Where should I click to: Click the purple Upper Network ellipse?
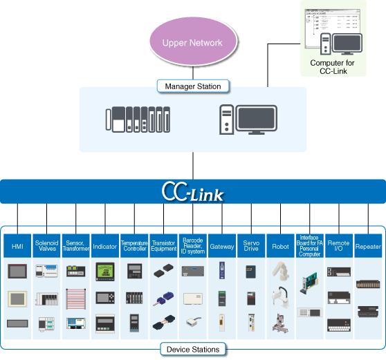(x=192, y=43)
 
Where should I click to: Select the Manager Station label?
(x=193, y=86)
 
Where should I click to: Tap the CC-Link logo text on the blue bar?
(x=192, y=191)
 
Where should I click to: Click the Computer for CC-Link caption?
(x=333, y=67)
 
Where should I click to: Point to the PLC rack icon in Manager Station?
(x=138, y=120)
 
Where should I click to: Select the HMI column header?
(x=18, y=246)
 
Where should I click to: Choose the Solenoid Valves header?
(x=46, y=246)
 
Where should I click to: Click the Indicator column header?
(x=104, y=246)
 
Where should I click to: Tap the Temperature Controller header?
(x=134, y=246)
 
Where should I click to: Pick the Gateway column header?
(x=221, y=246)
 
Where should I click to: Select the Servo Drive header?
(x=250, y=246)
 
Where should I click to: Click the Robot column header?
(x=280, y=246)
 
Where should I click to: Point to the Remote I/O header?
(x=338, y=246)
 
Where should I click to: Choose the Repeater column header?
(x=367, y=246)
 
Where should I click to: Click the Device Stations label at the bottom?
(x=193, y=350)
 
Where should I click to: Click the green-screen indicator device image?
(x=104, y=272)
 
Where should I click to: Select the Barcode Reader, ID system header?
(x=192, y=246)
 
